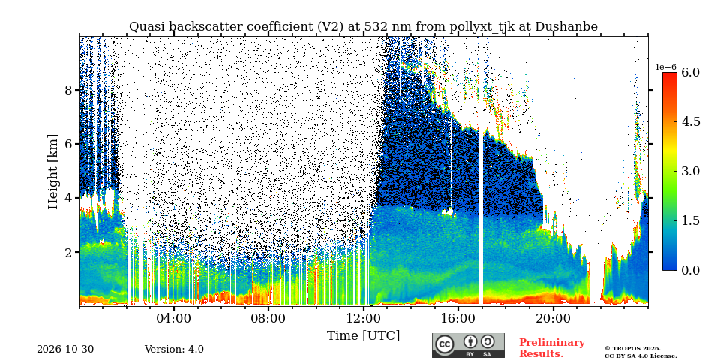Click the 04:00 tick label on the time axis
pyautogui.click(x=173, y=318)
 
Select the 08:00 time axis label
pyautogui.click(x=268, y=318)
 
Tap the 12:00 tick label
pyautogui.click(x=363, y=318)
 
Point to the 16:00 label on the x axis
pyautogui.click(x=457, y=318)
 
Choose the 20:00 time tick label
pyautogui.click(x=552, y=318)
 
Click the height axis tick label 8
pyautogui.click(x=68, y=90)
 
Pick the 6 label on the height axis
pyautogui.click(x=68, y=144)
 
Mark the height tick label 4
pyautogui.click(x=68, y=198)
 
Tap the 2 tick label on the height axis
pyautogui.click(x=68, y=253)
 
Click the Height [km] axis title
pyautogui.click(x=54, y=172)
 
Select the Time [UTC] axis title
pyautogui.click(x=363, y=335)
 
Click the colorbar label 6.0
pyautogui.click(x=690, y=73)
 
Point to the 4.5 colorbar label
pyautogui.click(x=690, y=122)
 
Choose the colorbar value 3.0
pyautogui.click(x=690, y=171)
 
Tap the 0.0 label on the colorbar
pyautogui.click(x=690, y=270)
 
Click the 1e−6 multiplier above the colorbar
pyautogui.click(x=666, y=67)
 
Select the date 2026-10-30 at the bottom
pyautogui.click(x=65, y=349)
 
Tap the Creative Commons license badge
pyautogui.click(x=468, y=345)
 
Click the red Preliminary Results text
pyautogui.click(x=552, y=347)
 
